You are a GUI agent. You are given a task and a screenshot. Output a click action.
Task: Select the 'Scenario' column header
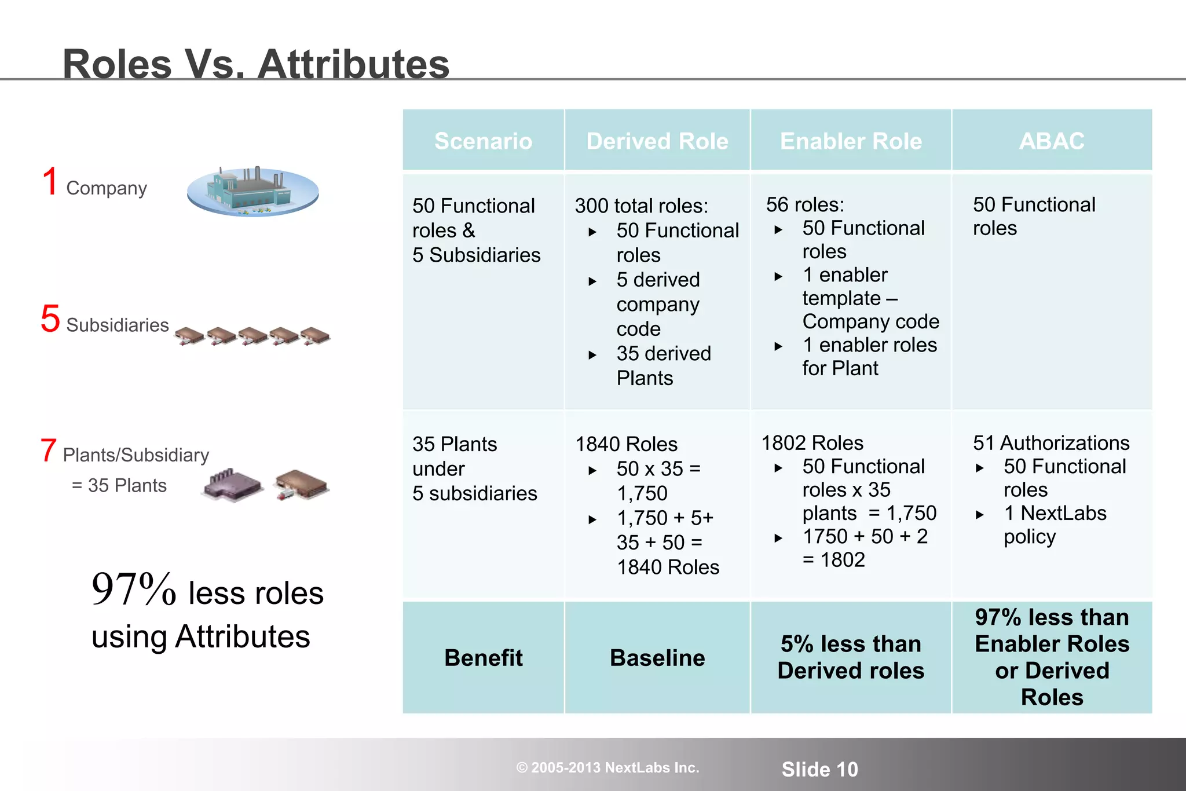click(x=483, y=141)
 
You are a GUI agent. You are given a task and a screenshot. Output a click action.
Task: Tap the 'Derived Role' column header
click(x=657, y=141)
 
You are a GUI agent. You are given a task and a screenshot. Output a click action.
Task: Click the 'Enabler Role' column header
click(x=851, y=141)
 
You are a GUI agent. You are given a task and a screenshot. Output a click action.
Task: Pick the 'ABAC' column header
click(x=1052, y=141)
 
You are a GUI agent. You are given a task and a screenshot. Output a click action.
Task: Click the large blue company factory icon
click(x=253, y=192)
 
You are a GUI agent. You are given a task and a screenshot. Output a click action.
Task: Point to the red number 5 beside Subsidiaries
click(x=50, y=318)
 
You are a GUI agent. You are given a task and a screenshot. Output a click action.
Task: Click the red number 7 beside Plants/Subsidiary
click(x=49, y=451)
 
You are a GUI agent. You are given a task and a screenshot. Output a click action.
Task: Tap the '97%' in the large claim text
click(x=134, y=589)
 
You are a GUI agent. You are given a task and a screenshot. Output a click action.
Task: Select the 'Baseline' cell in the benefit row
click(x=657, y=658)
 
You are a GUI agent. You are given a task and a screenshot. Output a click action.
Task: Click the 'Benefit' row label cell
click(x=483, y=658)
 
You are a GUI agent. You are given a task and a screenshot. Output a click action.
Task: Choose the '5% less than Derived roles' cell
click(x=851, y=657)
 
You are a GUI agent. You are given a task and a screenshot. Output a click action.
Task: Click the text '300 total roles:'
click(x=641, y=206)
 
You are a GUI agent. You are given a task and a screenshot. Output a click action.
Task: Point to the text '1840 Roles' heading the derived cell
click(x=626, y=444)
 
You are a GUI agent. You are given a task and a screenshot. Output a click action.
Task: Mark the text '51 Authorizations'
click(x=1051, y=443)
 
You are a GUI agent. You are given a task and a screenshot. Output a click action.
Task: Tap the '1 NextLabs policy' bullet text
click(x=1054, y=525)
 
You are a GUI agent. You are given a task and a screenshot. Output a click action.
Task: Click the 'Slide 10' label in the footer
click(x=819, y=769)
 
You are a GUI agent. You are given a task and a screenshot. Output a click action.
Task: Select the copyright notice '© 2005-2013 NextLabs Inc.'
click(x=607, y=768)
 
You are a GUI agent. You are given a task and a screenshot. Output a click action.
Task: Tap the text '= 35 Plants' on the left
click(x=119, y=485)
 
